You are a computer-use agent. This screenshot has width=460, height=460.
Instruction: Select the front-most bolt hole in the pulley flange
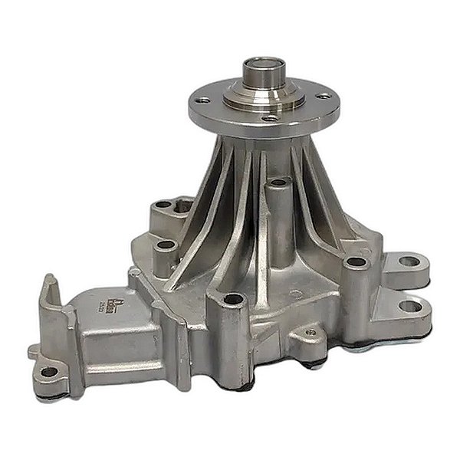click(x=268, y=118)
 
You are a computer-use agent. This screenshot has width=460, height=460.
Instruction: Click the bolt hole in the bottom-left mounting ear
click(x=48, y=372)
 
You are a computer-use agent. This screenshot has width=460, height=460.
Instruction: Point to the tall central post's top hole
click(x=278, y=182)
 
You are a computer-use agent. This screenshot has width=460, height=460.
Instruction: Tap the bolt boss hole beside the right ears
click(x=356, y=261)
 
